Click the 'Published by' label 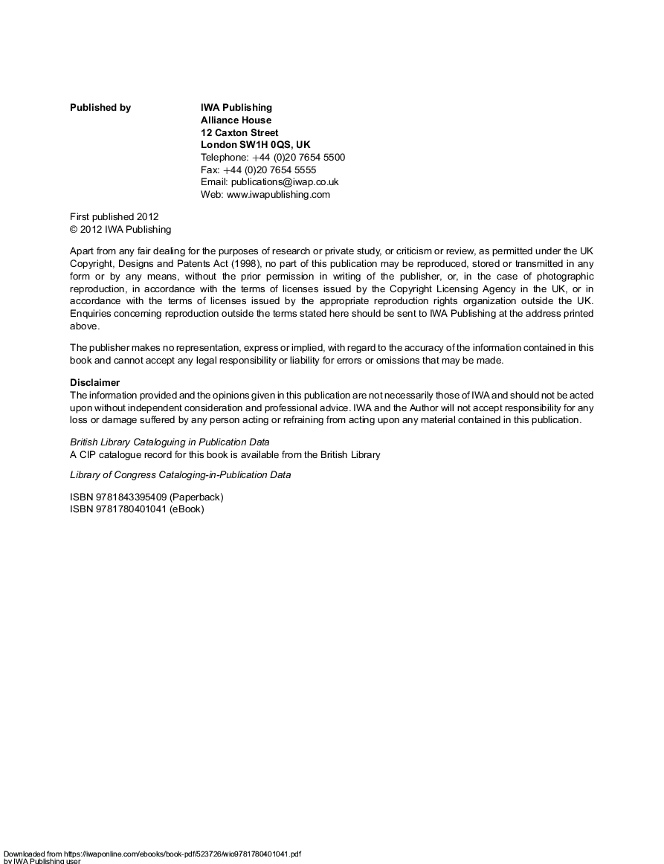tap(100, 108)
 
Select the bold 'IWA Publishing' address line tap(236, 108)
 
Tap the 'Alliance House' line tap(236, 120)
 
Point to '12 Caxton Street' tap(239, 133)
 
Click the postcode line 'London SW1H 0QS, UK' tap(256, 145)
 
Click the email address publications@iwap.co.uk tap(285, 182)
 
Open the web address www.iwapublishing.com tap(278, 195)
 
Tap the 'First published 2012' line tap(115, 217)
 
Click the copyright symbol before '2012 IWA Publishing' tap(74, 230)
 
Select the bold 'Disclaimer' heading tap(94, 383)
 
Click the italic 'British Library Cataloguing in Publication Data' tap(170, 442)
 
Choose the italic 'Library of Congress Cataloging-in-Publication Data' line tap(180, 475)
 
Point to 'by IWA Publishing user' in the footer tap(43, 861)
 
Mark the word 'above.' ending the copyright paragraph tap(84, 326)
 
